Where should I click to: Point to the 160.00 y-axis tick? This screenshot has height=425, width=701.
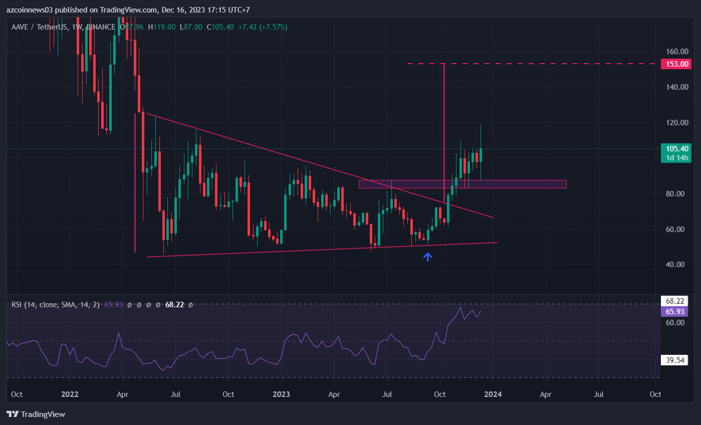(676, 52)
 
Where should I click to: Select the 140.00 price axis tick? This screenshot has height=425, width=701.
(676, 87)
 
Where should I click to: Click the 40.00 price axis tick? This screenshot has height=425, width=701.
(676, 265)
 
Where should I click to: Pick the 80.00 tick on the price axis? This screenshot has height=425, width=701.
(676, 194)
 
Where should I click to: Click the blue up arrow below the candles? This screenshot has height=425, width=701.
(428, 257)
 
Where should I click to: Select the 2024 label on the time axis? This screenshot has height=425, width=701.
(493, 394)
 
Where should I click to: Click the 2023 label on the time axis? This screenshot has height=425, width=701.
(281, 394)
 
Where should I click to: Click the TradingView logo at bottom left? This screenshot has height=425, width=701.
(36, 414)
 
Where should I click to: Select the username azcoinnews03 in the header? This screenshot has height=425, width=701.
(31, 10)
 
